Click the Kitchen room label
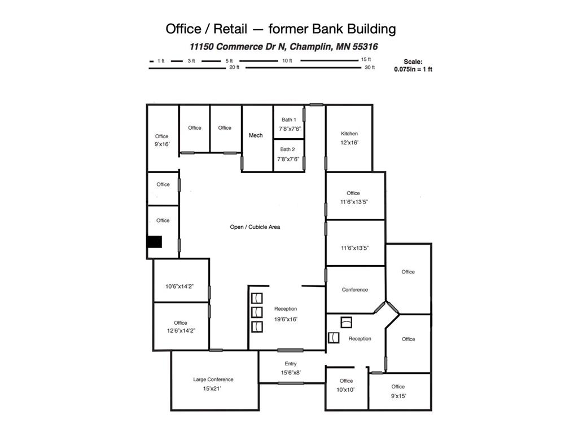[x=349, y=134]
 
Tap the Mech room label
[x=256, y=135]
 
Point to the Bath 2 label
[x=288, y=149]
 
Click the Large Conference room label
[x=213, y=379]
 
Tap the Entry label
[x=291, y=364]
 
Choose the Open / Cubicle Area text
[x=255, y=227]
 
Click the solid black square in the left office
[x=155, y=241]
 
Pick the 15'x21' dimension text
[x=213, y=389]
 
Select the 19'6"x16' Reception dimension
[x=286, y=319]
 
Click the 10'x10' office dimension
[x=346, y=390]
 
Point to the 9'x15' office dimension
[x=398, y=396]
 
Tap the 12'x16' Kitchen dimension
[x=349, y=143]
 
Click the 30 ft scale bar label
[x=370, y=68]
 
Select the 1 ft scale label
[x=161, y=61]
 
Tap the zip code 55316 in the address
[x=365, y=47]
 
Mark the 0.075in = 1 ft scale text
[x=413, y=69]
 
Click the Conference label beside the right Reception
[x=355, y=290]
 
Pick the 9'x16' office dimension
[x=162, y=144]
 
